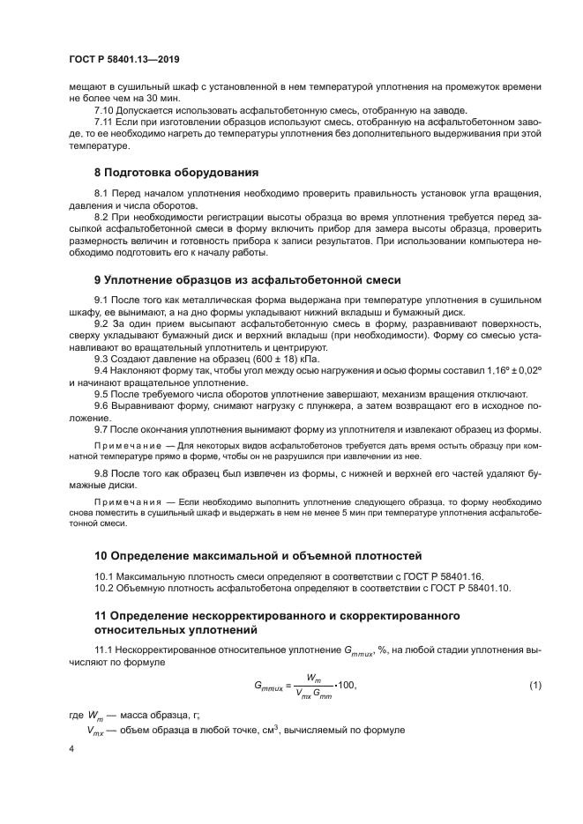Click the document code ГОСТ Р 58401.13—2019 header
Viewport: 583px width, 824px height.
pos(123,59)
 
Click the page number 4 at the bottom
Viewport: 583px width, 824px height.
pos(71,748)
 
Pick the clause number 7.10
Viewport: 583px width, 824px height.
pos(105,110)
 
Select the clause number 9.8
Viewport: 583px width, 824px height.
pos(102,472)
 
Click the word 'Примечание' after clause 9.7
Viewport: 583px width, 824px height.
pos(123,445)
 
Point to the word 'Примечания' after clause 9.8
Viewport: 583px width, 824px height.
pos(123,501)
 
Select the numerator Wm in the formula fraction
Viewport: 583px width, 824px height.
pos(314,678)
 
